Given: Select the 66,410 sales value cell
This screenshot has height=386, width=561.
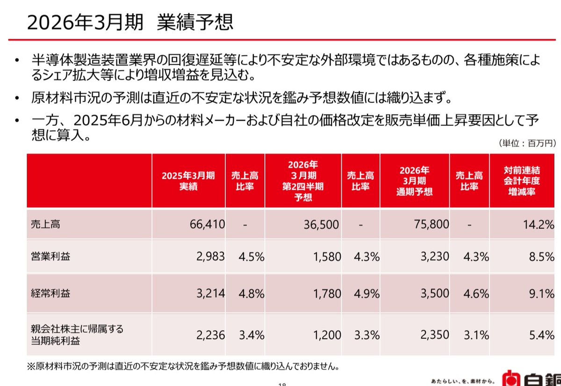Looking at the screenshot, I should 207,224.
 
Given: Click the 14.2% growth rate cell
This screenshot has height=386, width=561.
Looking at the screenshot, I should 539,224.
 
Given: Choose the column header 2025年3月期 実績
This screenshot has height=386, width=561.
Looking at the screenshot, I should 188,181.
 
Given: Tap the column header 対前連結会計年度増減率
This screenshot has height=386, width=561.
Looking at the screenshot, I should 522,181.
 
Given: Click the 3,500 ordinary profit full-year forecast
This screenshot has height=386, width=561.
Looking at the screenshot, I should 434,294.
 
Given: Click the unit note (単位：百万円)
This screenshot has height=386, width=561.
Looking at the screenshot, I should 526,144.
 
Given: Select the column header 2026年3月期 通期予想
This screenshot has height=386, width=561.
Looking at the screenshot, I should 415,181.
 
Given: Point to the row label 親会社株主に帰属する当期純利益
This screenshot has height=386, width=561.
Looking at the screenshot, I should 75,335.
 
